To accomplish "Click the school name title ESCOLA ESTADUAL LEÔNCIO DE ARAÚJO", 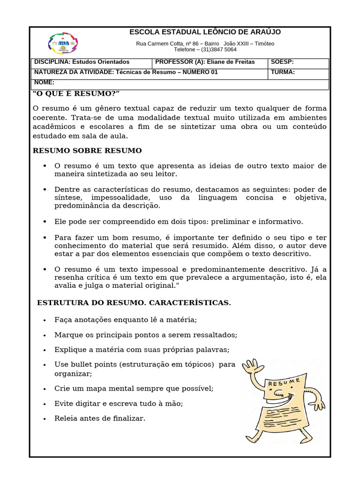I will coord(205,32).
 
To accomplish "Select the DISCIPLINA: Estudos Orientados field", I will coord(82,62).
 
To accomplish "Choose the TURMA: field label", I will coord(283,72).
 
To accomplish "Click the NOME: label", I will coord(45,82).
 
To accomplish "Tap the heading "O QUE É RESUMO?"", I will coord(76,94).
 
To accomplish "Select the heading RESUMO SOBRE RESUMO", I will coord(87,150).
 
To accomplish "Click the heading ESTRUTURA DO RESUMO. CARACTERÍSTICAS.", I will coord(134,303).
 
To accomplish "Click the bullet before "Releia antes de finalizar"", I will coord(45,419).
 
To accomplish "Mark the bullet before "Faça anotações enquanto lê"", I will coord(45,320).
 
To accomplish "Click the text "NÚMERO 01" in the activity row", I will coord(200,72).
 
